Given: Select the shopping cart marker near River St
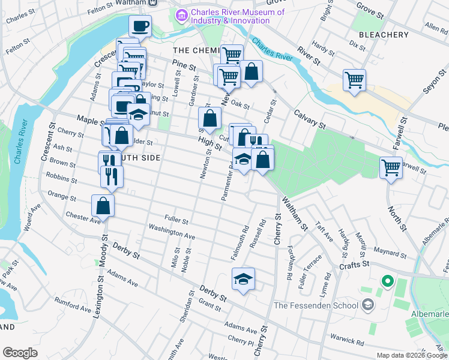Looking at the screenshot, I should (x=354, y=79).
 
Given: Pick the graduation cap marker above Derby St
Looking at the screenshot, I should (x=243, y=279).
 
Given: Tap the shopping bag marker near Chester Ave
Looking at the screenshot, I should (x=103, y=206).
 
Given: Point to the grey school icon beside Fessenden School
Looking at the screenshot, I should (x=367, y=305).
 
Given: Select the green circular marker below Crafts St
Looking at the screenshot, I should (x=388, y=280).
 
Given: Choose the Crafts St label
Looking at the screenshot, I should (x=353, y=263).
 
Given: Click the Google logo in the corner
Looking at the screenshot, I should (x=20, y=353).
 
